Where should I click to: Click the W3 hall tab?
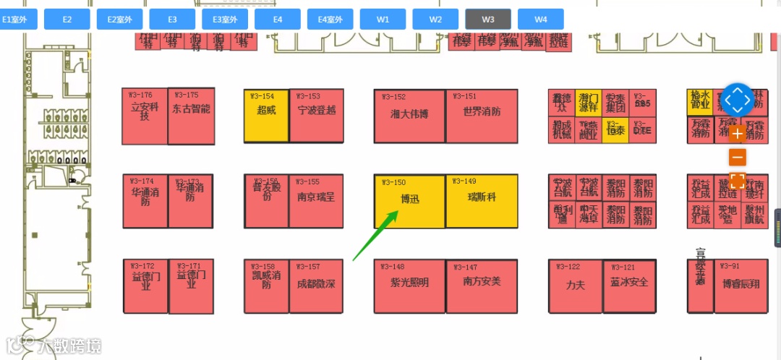pos(488,20)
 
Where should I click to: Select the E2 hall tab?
pos(67,20)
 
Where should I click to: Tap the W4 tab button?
pos(541,20)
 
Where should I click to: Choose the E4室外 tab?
pos(330,20)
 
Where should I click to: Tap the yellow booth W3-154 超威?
pos(265,116)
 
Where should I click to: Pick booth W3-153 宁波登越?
pos(316,116)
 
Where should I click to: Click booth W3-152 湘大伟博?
pos(409,116)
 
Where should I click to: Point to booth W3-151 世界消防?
pos(482,116)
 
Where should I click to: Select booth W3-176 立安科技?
pos(145,116)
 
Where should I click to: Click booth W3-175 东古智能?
pos(191,116)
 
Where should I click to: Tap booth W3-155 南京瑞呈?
pos(316,201)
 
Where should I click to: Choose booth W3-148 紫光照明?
pos(409,286)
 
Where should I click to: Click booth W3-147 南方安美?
pos(482,286)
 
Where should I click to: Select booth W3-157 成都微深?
pos(316,286)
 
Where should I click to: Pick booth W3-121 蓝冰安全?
pos(629,286)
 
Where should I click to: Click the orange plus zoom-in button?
pos(738,134)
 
